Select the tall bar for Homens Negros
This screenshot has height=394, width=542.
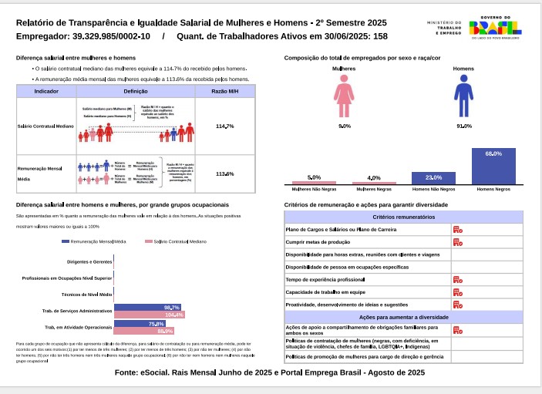[x=493, y=166]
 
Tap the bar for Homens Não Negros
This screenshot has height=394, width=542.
[x=433, y=178]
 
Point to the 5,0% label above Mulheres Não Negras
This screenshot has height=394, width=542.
[x=314, y=177]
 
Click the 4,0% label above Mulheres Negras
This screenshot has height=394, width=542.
[x=374, y=178]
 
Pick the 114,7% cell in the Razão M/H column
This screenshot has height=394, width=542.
[x=224, y=126]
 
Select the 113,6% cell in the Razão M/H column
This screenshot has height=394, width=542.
[x=224, y=173]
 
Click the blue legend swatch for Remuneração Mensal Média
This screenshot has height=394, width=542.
[x=65, y=242]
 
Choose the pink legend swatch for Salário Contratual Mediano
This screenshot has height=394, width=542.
[x=149, y=242]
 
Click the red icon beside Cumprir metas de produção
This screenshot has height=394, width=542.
[x=457, y=242]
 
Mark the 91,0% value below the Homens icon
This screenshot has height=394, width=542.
[x=463, y=126]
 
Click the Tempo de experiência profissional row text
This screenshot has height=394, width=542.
[x=325, y=279]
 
